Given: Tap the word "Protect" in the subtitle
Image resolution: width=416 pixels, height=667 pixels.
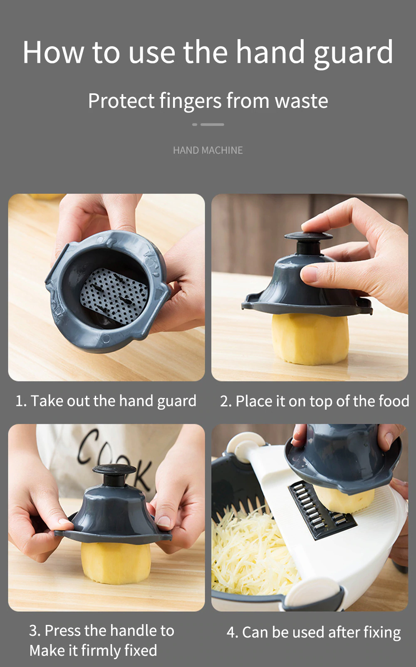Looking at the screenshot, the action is coord(121,101).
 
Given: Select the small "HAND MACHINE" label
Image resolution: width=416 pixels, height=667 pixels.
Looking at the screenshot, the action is coord(208,150).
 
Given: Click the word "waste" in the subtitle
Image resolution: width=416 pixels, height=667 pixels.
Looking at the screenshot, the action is coord(301,101).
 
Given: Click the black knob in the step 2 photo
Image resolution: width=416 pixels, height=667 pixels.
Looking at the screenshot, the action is coord(308,243).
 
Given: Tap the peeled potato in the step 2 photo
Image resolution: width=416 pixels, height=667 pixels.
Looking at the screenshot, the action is coord(310,339).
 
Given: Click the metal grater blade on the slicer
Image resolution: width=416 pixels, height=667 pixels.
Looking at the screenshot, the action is coord(322,509).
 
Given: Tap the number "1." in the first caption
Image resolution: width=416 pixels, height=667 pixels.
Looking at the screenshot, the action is coord(21,401).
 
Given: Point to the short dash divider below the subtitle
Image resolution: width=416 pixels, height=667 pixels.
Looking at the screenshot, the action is coord(208,124).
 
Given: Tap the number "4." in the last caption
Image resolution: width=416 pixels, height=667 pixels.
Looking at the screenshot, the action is coord(233,632).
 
